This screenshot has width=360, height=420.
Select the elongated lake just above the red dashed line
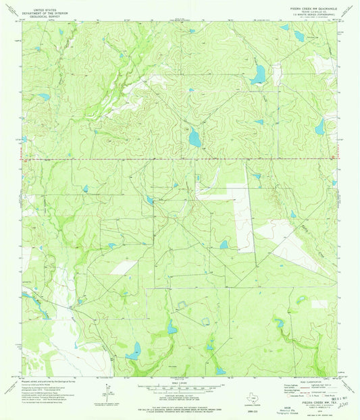195,138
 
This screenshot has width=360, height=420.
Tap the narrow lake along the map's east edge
319,126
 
